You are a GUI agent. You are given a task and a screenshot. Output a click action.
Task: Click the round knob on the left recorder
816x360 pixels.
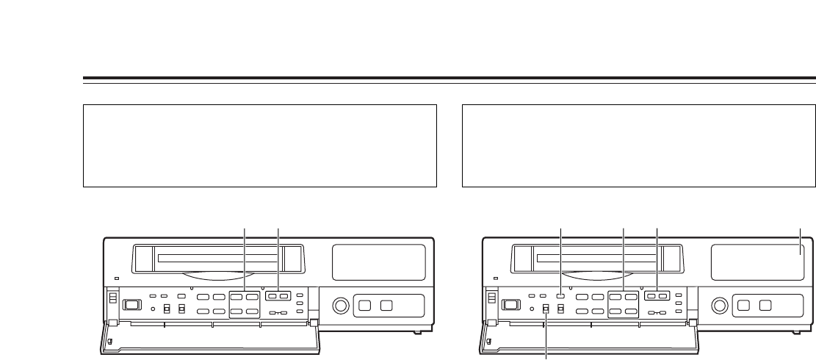340,304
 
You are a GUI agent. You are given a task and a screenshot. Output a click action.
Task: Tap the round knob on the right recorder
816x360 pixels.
720,304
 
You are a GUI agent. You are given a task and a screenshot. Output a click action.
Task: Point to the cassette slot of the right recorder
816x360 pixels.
599,259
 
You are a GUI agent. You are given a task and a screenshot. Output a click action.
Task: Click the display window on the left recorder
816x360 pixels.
379,262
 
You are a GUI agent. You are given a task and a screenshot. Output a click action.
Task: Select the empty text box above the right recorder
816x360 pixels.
639,145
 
